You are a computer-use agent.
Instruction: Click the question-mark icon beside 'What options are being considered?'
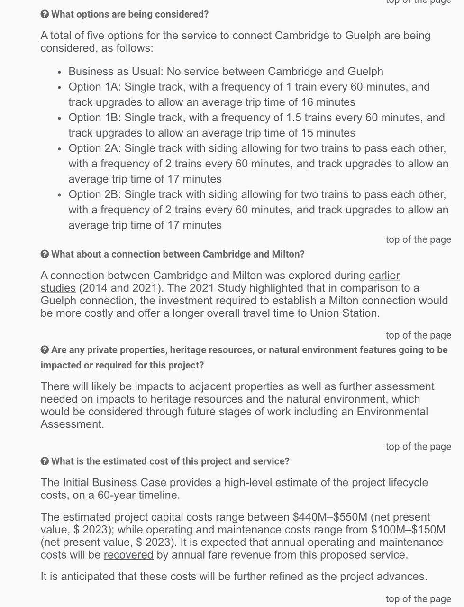pos(45,14)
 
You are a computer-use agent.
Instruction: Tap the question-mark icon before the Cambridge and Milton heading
pos(45,254)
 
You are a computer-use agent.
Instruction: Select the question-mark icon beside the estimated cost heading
pos(45,461)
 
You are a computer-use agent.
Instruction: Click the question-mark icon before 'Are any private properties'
pos(45,350)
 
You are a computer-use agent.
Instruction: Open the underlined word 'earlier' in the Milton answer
pos(384,276)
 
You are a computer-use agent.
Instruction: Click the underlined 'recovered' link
pos(128,555)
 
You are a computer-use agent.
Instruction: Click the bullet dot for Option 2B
pos(59,195)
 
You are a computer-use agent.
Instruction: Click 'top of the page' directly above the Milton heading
pos(418,239)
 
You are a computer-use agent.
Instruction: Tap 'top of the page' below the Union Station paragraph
pos(418,335)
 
